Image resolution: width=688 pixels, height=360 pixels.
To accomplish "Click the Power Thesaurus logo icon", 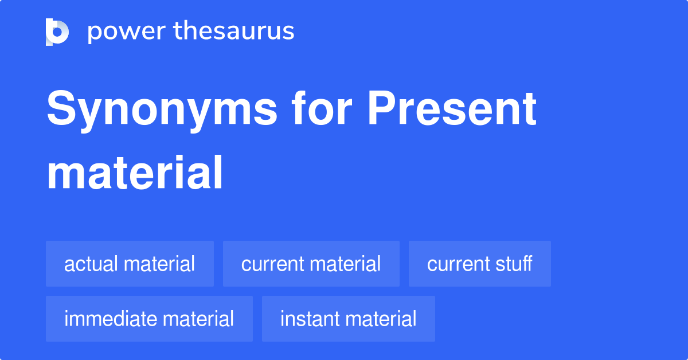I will (x=57, y=32).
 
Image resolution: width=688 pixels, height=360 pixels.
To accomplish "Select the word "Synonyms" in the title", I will (x=162, y=110).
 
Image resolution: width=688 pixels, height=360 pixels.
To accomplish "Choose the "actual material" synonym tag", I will (x=130, y=264).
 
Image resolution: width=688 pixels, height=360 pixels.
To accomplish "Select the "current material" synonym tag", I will (x=311, y=264).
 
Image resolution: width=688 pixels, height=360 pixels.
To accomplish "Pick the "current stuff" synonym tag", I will (x=479, y=264).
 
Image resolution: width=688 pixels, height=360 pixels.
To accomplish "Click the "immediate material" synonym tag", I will (x=149, y=319).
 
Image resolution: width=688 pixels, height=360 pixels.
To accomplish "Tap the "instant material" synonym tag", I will (x=348, y=319).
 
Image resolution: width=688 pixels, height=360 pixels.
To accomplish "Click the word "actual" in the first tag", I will (x=92, y=264).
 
